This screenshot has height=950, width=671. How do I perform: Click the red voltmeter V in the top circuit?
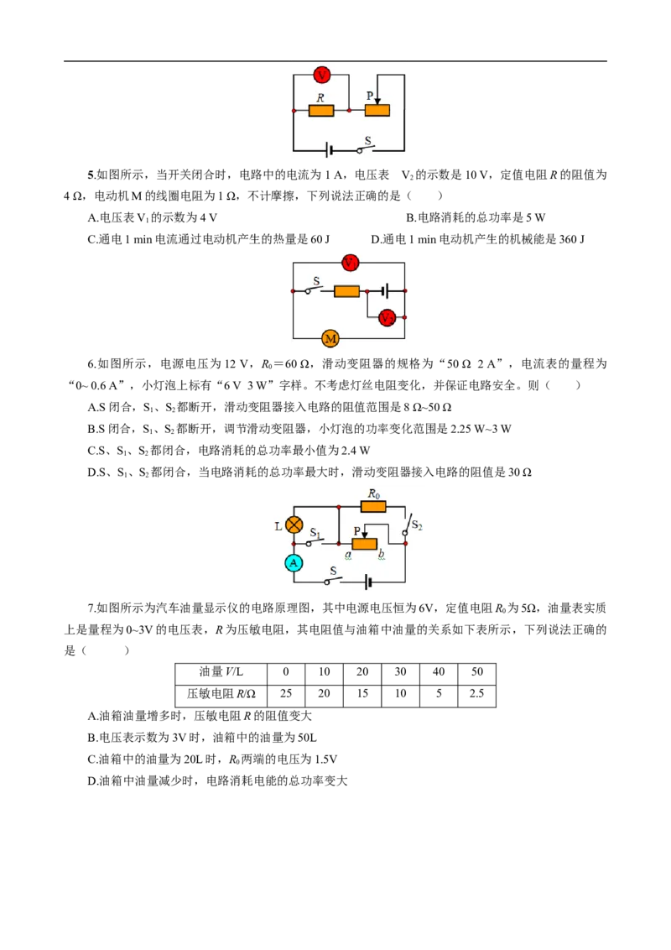tap(321, 76)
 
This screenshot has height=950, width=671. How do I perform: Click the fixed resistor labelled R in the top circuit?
tap(321, 110)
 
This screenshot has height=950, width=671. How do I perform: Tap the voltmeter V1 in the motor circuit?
tap(350, 263)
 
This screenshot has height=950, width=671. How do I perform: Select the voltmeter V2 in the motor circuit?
tap(387, 317)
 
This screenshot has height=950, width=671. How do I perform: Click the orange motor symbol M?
tap(330, 339)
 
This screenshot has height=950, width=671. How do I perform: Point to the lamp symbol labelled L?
tap(294, 525)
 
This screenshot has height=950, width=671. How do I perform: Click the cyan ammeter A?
tap(294, 563)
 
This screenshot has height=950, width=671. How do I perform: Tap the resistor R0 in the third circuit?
tap(373, 506)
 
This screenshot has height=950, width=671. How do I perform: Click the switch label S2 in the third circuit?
tap(417, 525)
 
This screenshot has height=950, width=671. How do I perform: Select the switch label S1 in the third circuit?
tap(315, 533)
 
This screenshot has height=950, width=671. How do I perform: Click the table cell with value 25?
tap(286, 694)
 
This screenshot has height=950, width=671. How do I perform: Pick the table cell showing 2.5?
tap(476, 694)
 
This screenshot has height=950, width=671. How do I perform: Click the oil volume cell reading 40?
tap(439, 672)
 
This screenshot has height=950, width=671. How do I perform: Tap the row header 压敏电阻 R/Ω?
tap(221, 694)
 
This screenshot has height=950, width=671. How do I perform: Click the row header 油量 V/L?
tap(221, 672)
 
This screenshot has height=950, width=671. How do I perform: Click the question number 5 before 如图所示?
tap(91, 175)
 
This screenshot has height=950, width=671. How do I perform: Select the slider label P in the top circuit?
tap(370, 96)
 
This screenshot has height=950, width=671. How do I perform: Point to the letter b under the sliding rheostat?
tap(382, 554)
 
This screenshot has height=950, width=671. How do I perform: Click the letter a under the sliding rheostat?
tap(348, 555)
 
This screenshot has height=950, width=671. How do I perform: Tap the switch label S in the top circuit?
tap(367, 140)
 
